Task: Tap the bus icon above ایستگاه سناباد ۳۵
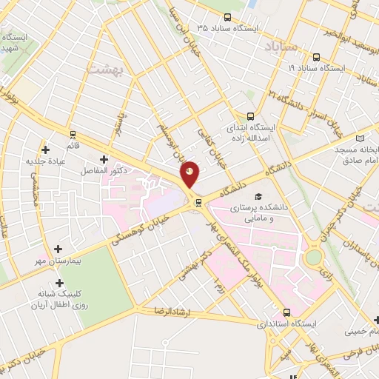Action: click(227, 18)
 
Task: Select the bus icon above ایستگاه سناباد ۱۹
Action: click(316, 57)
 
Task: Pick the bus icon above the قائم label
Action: click(73, 135)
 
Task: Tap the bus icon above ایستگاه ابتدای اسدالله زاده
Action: click(250, 115)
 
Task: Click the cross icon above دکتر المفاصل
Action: click(104, 158)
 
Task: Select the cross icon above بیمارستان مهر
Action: click(59, 249)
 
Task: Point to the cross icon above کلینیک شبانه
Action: click(59, 282)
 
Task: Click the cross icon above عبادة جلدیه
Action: click(47, 150)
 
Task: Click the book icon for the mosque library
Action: click(360, 138)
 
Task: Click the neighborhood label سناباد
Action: click(282, 46)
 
